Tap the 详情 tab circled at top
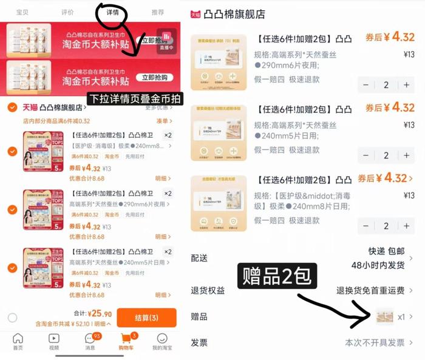point(112,12)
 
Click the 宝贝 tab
point(22,12)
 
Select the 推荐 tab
point(157,12)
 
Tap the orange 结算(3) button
point(146,318)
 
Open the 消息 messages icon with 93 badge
point(90,342)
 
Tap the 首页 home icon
point(18,342)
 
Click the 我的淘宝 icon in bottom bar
point(162,342)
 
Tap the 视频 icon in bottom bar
point(53,342)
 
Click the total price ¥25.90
point(100,314)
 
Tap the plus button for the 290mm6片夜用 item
point(406,85)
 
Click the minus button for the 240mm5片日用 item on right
point(365,155)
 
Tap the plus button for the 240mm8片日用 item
point(406,226)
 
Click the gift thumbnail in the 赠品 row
point(384,316)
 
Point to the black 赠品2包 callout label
point(277,276)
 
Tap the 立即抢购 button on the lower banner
point(154,77)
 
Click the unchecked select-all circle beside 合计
point(12,318)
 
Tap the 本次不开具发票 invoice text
point(375,342)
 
